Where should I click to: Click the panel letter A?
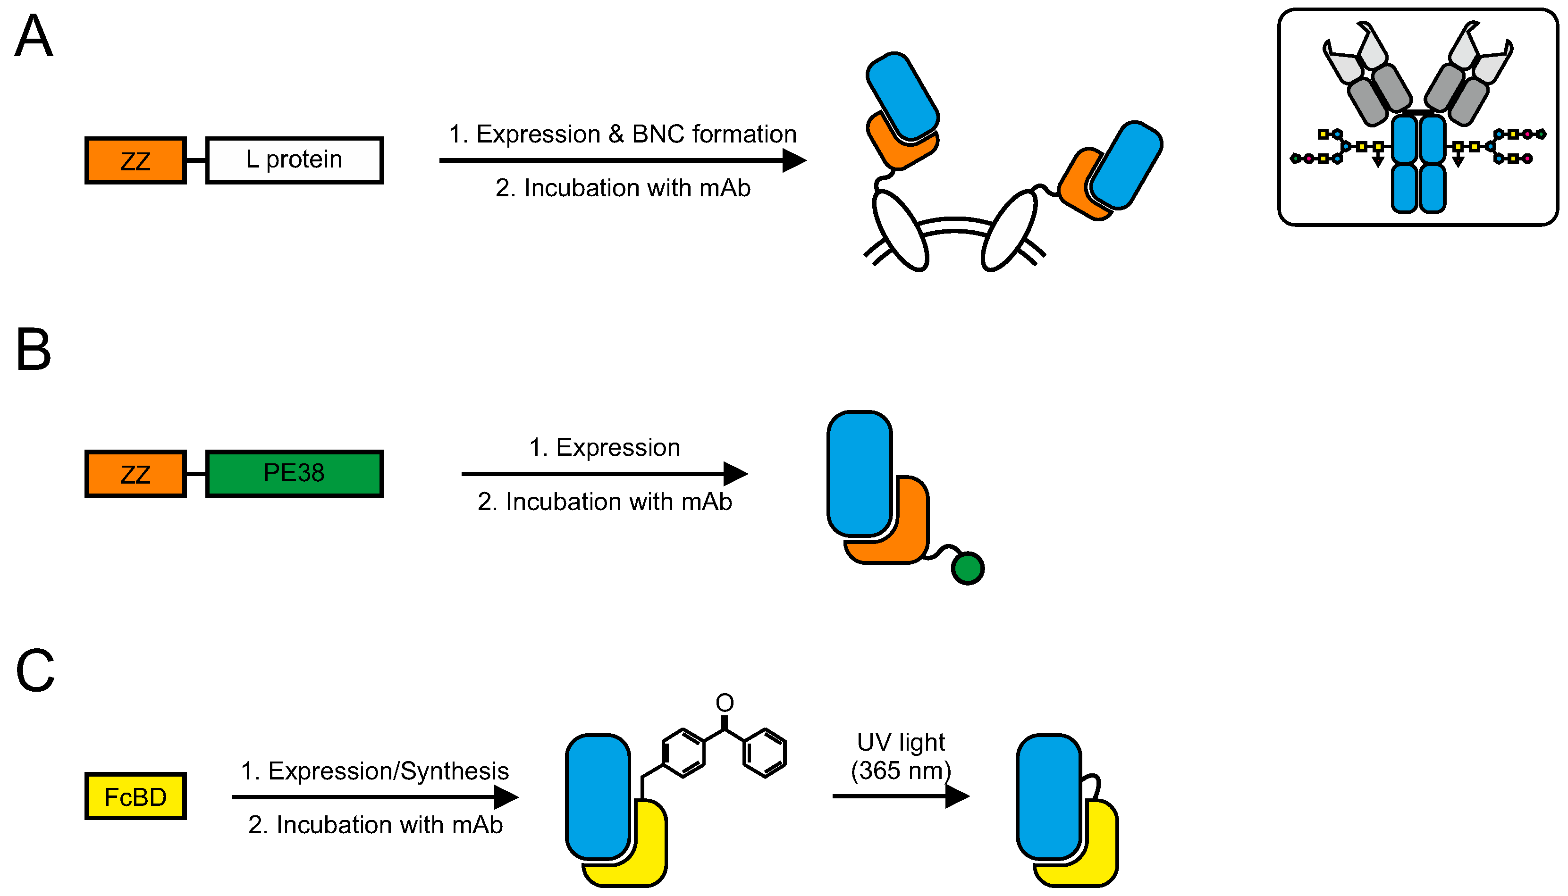(x=34, y=37)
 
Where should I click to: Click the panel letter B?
(x=34, y=349)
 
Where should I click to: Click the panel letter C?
(x=35, y=671)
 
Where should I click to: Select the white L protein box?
(x=294, y=160)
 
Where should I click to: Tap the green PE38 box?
(x=294, y=473)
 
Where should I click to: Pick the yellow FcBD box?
(x=135, y=796)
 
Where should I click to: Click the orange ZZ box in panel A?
(x=135, y=160)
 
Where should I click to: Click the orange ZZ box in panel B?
(x=135, y=474)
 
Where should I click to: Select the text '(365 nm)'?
(x=901, y=770)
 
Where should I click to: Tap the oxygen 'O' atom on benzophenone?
(x=725, y=703)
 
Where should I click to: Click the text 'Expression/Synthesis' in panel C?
(x=388, y=771)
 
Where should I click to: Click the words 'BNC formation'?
(x=714, y=134)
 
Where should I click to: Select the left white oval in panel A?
(x=900, y=231)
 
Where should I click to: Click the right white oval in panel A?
(x=1008, y=231)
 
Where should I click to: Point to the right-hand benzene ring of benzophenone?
(x=765, y=753)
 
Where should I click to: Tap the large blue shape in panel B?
(x=860, y=473)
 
